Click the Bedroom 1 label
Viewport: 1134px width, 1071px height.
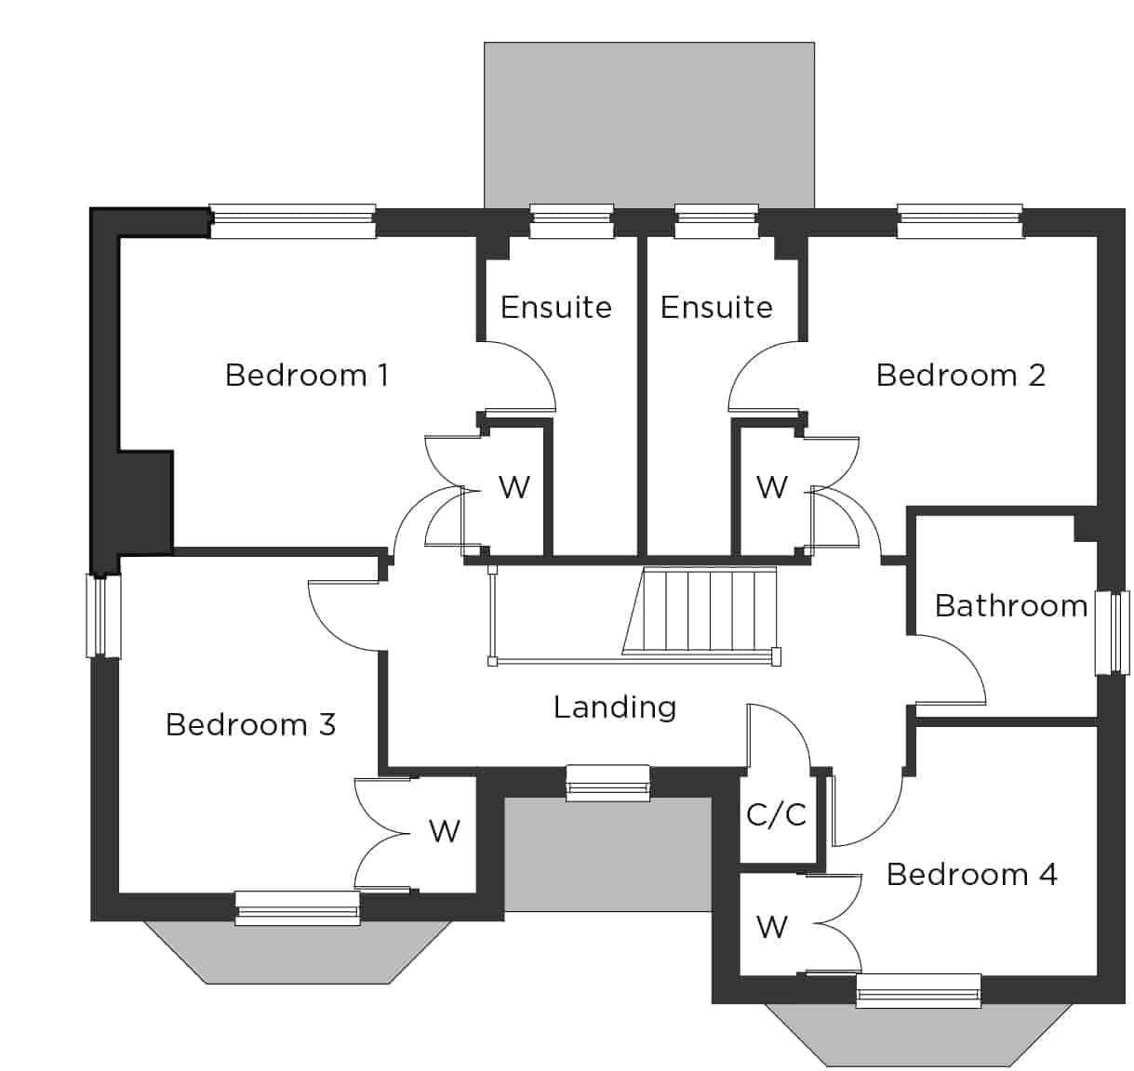[307, 375]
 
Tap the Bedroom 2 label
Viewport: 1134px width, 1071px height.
[960, 375]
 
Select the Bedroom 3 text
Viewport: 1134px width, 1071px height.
[250, 724]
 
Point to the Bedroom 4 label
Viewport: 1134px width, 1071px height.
[971, 875]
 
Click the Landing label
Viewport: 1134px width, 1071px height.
[615, 707]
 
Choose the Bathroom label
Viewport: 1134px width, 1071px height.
[1010, 606]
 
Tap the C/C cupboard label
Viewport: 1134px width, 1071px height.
[776, 814]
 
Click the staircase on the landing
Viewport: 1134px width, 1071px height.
[700, 610]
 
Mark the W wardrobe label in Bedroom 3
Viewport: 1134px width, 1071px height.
[445, 831]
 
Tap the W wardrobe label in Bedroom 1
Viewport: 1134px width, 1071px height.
[514, 487]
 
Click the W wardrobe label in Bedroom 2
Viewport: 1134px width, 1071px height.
[772, 487]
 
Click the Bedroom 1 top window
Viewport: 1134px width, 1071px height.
[293, 221]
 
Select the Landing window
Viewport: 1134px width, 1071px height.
[608, 784]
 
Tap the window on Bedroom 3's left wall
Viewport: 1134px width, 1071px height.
[103, 616]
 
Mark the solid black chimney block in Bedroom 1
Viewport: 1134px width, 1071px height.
[146, 502]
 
